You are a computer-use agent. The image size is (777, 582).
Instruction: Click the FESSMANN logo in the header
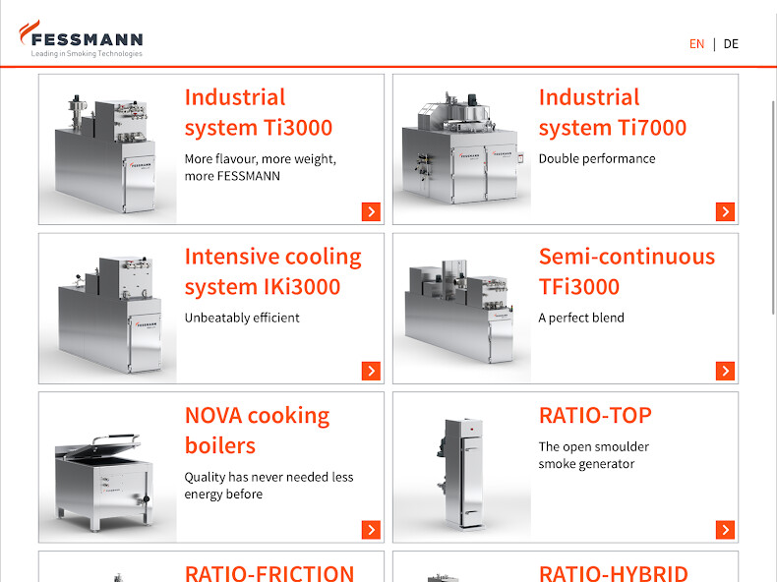(82, 39)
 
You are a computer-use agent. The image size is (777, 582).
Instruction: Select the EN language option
(696, 44)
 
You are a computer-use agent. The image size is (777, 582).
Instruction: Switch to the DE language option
(731, 44)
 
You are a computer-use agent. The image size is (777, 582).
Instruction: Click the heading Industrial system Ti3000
(258, 112)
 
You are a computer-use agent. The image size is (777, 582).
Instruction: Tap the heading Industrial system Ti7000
(613, 112)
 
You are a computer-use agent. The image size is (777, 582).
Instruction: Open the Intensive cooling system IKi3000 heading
(273, 271)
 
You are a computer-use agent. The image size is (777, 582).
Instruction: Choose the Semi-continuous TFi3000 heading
(627, 271)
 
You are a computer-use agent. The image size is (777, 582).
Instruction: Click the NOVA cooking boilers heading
(257, 431)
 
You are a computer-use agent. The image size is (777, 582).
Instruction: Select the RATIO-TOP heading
(595, 416)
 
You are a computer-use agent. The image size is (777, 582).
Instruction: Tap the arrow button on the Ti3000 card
(371, 211)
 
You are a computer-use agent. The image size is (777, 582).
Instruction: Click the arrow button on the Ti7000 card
(725, 211)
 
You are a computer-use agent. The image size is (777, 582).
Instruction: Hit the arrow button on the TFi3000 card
(725, 371)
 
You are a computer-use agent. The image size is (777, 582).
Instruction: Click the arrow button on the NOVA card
(371, 530)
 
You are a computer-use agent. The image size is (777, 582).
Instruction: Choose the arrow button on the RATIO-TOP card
(725, 530)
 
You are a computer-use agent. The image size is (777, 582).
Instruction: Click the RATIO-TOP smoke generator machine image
(460, 473)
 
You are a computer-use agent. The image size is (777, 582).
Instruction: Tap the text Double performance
(597, 158)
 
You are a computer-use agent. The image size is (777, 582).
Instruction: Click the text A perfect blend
(581, 318)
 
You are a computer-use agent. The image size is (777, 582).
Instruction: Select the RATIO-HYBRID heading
(614, 573)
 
